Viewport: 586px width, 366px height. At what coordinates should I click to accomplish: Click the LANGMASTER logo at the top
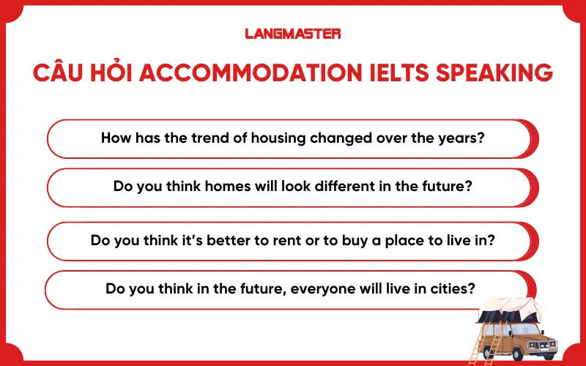(292, 34)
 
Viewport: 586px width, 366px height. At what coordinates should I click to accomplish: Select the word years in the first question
(463, 138)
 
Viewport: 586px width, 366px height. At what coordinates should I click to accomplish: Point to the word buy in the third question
(358, 239)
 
